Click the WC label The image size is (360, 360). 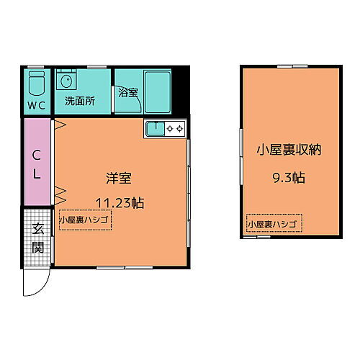37,104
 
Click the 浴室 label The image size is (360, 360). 128,93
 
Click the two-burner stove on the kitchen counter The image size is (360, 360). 175,130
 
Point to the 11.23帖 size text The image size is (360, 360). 120,202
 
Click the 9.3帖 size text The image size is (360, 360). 290,175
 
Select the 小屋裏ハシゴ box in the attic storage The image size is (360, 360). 274,225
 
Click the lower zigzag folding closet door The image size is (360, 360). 60,192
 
